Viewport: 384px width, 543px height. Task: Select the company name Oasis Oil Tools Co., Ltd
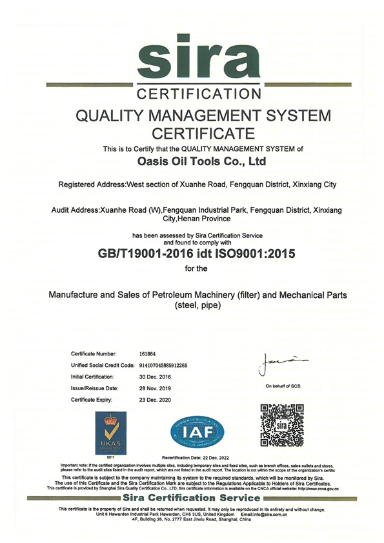203,161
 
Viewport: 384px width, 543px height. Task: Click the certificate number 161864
148,354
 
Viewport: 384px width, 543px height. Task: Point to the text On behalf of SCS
283,386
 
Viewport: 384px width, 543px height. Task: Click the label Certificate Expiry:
93,400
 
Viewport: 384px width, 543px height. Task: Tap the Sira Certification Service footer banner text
191,498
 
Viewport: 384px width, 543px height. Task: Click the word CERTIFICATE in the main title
203,134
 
